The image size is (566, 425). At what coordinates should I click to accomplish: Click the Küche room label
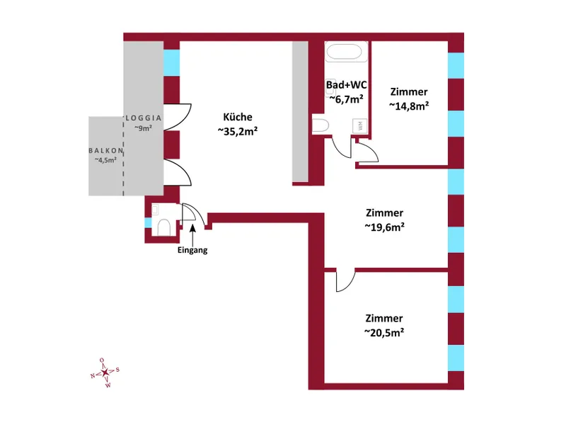pyautogui.click(x=237, y=117)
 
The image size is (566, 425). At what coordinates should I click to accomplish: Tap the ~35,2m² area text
pyautogui.click(x=237, y=131)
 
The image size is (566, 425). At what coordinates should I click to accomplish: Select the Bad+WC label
pyautogui.click(x=345, y=85)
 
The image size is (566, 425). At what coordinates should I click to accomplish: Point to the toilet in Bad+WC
pyautogui.click(x=319, y=126)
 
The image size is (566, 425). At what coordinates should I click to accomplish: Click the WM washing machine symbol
pyautogui.click(x=359, y=125)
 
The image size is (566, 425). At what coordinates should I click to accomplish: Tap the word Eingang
pyautogui.click(x=192, y=250)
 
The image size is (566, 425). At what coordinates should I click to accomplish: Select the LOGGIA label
pyautogui.click(x=144, y=118)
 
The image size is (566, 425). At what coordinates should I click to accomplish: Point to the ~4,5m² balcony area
pyautogui.click(x=106, y=160)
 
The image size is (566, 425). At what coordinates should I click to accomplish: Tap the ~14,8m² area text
pyautogui.click(x=408, y=106)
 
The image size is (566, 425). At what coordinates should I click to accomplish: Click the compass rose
pyautogui.click(x=105, y=372)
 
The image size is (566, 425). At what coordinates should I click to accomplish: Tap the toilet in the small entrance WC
pyautogui.click(x=163, y=227)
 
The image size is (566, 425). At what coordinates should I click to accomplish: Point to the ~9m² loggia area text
pyautogui.click(x=144, y=128)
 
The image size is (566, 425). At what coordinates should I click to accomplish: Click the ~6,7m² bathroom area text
pyautogui.click(x=346, y=99)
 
